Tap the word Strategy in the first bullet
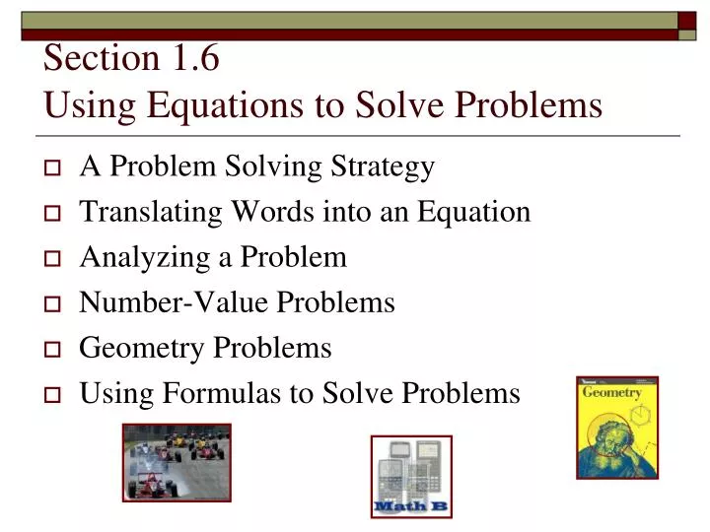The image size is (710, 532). pos(385,166)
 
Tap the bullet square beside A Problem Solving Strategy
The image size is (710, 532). pos(54,168)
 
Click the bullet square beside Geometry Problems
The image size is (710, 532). pos(54,350)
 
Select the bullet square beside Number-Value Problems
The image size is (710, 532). pos(54,304)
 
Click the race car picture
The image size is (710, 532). pos(177,462)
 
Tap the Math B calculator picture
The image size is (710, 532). pos(411,477)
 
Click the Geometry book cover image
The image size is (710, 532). pos(617,427)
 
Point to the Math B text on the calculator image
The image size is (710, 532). pos(410,506)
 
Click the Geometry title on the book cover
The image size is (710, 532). pos(611,392)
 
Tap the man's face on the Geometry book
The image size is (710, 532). pos(608,438)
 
